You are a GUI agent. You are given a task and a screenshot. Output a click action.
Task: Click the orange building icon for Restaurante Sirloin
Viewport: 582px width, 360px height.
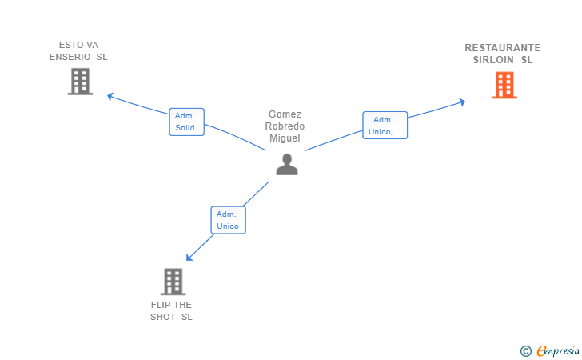coord(504,85)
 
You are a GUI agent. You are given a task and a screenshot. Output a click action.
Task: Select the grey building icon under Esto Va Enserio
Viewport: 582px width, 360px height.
coord(80,82)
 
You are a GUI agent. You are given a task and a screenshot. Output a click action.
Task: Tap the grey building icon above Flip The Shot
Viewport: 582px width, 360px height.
coord(173,282)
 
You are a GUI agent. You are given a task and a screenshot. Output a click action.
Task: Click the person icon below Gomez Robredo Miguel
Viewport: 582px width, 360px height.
coord(287,164)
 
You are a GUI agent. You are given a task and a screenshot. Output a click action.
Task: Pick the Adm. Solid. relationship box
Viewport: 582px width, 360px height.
coord(187,122)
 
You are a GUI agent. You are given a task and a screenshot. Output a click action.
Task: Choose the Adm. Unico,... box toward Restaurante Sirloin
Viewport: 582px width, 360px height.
coord(385,126)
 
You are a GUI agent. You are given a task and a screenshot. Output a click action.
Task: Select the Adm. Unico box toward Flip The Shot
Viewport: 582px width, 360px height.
coord(229,220)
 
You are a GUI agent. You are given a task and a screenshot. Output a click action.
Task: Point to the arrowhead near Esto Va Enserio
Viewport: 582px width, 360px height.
coord(110,96)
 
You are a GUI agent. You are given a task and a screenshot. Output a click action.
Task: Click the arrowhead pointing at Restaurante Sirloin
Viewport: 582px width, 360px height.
coord(462,102)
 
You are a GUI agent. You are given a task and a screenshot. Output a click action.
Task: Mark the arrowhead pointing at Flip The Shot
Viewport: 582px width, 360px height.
coord(189,258)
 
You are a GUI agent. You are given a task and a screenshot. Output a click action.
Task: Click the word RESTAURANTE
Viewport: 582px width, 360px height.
coord(503,48)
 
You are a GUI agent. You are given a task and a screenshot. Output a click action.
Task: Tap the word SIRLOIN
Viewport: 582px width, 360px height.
coord(493,60)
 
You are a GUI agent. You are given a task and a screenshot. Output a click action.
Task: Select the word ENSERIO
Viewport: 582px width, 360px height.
coord(70,57)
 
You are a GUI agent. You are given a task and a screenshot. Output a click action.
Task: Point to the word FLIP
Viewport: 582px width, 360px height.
coord(161,305)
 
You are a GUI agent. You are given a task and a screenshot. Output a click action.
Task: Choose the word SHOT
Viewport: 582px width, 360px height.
coord(162,317)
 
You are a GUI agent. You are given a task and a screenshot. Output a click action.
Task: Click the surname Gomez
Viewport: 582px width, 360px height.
coord(285,114)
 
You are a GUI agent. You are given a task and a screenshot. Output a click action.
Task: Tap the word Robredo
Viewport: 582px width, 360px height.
coord(285,126)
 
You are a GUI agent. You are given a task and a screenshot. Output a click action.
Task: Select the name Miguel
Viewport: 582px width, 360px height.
coord(285,138)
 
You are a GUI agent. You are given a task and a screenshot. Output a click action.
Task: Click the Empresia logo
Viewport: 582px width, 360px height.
coord(550,350)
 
